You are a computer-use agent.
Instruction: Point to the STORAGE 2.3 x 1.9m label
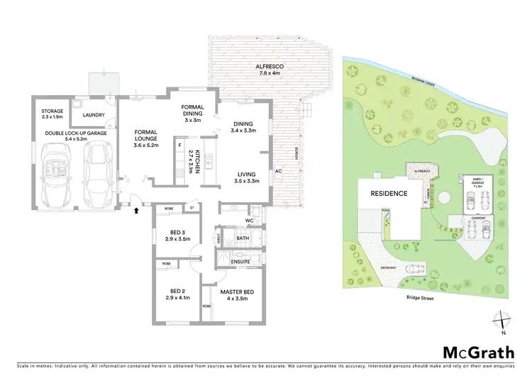(x=52, y=114)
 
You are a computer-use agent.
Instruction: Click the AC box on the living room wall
(x=279, y=170)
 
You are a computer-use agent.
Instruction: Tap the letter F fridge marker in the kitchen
(x=180, y=145)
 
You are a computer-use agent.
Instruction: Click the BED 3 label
(x=178, y=235)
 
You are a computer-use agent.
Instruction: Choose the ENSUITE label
(x=240, y=262)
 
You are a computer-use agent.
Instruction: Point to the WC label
(x=249, y=221)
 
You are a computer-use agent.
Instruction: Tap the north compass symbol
(x=502, y=322)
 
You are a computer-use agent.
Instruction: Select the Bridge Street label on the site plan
(x=421, y=299)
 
